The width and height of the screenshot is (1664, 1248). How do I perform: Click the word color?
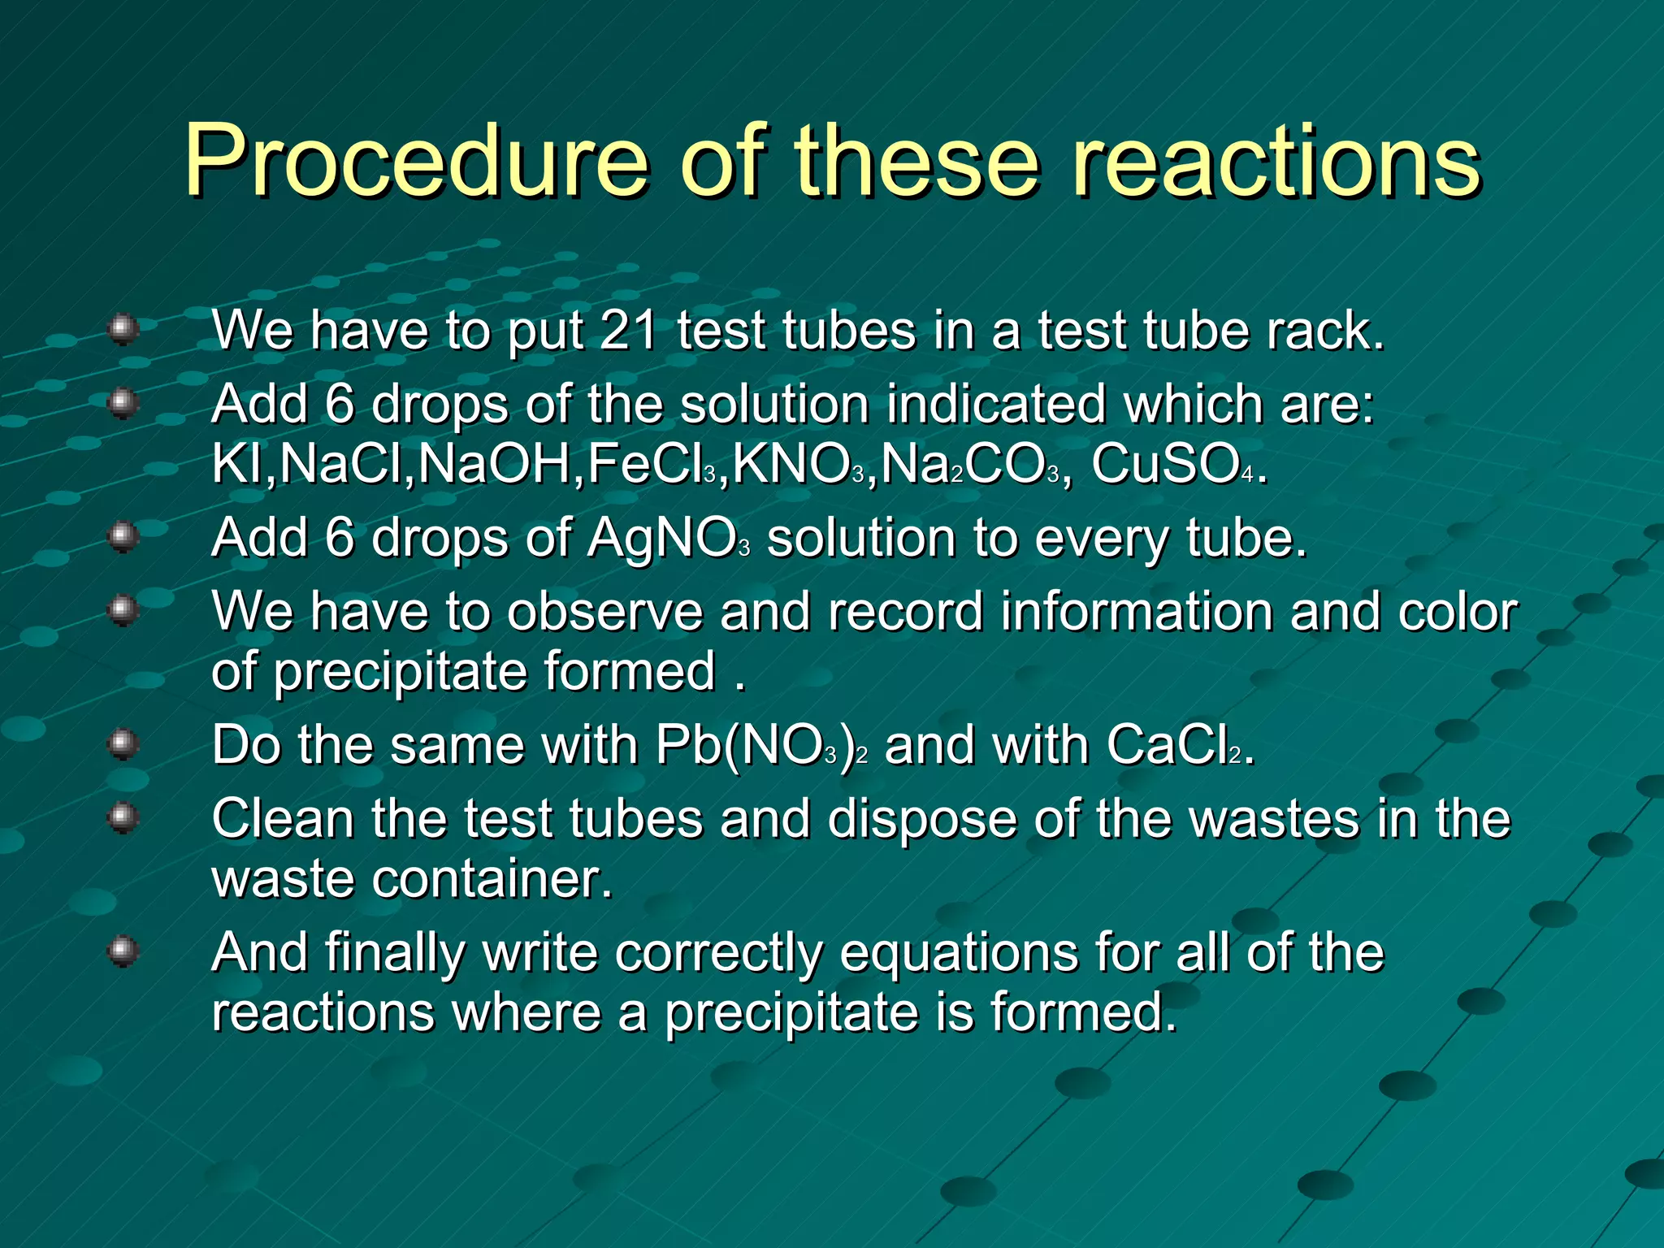click(1458, 611)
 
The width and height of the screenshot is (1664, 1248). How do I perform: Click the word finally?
click(395, 952)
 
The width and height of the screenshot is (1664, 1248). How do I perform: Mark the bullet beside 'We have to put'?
click(123, 329)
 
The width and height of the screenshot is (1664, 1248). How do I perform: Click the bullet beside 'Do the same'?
click(123, 743)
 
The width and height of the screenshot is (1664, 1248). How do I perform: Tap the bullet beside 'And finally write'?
click(123, 951)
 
